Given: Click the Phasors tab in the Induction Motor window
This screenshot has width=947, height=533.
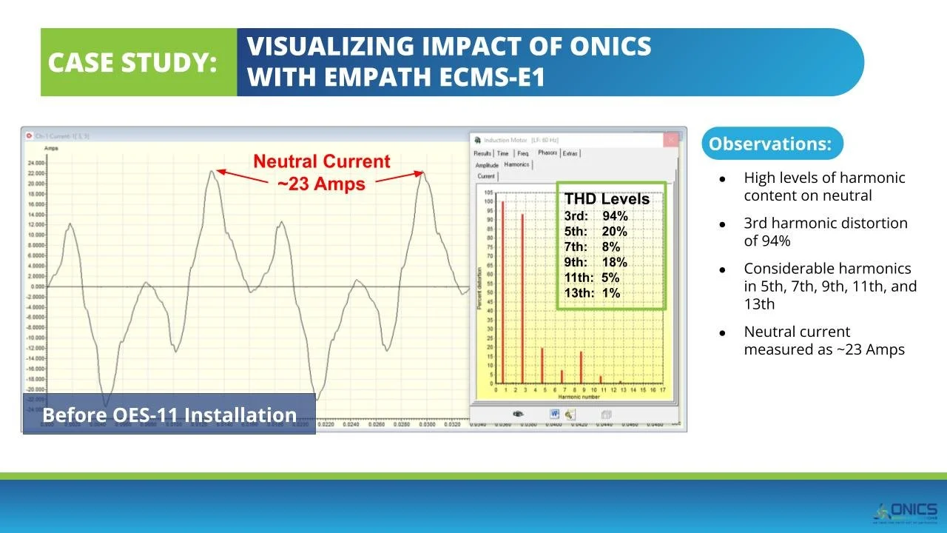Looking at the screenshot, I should pos(547,153).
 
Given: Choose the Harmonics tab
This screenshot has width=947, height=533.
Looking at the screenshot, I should pos(516,164).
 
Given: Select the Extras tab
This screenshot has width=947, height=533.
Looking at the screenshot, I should pos(570,153).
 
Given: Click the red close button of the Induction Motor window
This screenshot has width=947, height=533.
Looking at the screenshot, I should pos(670,139).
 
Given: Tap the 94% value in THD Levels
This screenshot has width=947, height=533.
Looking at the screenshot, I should pos(615,216).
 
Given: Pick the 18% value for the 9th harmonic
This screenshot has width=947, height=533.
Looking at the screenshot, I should pos(614,262).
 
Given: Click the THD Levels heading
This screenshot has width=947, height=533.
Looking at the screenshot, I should pos(607,199).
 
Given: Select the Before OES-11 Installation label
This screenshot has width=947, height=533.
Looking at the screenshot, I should pos(169,415).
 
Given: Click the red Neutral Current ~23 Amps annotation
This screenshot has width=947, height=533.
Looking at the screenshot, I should pos(321,172).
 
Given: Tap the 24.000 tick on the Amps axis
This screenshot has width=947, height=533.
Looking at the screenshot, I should pos(35,164).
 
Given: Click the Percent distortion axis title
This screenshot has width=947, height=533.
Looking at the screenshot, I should pos(479,289).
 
